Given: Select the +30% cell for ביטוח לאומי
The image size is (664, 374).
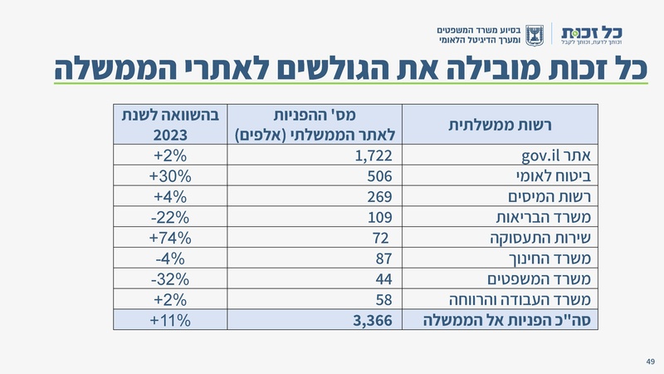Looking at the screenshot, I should (171, 176).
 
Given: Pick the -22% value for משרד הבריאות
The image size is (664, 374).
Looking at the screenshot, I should (171, 218).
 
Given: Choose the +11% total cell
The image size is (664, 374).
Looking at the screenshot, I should (171, 320).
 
